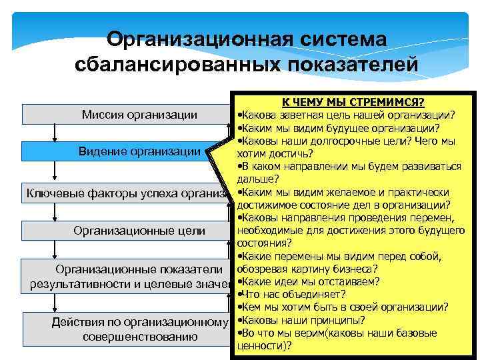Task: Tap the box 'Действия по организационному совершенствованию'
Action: point(127,329)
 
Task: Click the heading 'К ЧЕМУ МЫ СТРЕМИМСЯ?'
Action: point(353,103)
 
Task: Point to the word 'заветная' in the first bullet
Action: point(297,115)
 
